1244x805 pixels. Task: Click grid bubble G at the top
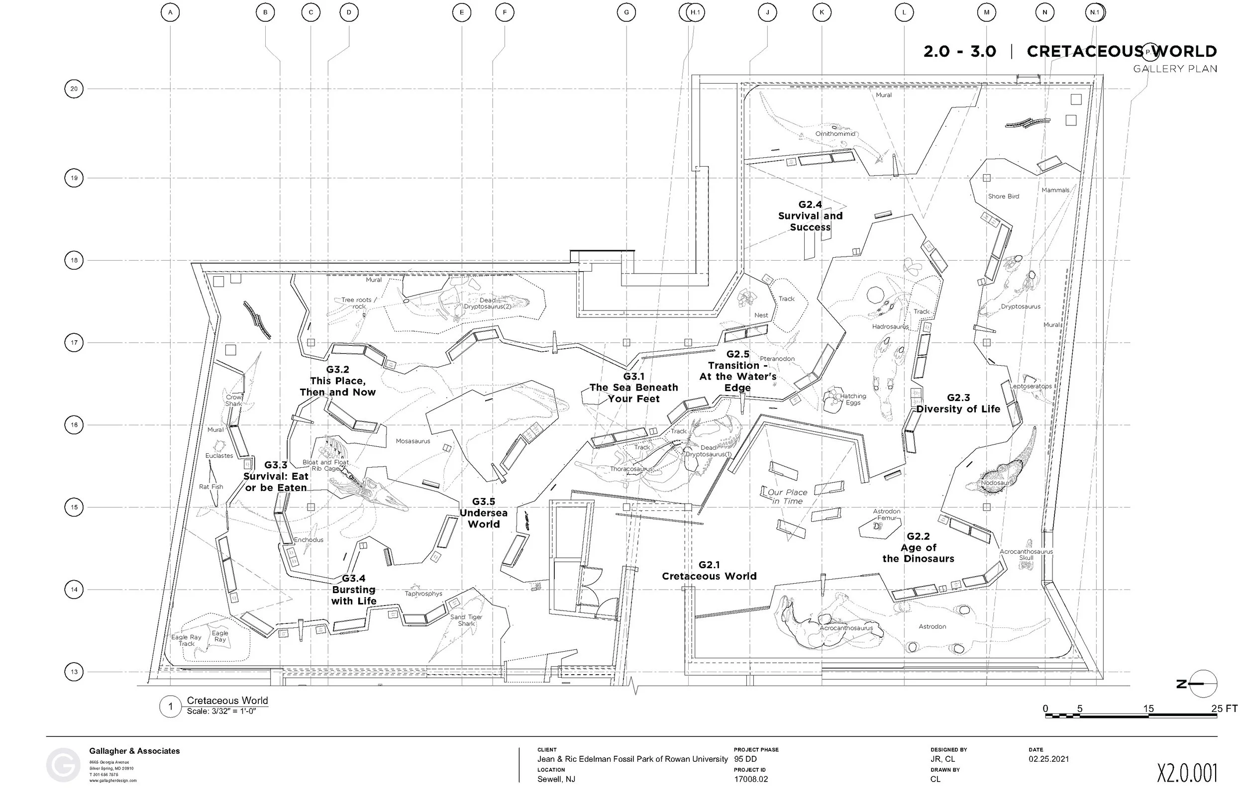[x=626, y=12]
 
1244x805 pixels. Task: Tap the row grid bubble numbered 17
[x=74, y=343]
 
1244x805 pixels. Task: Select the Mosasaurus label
[x=413, y=441]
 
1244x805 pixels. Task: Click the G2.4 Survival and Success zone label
[x=810, y=216]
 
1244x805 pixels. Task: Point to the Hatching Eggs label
[x=852, y=400]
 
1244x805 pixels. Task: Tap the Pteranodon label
[x=777, y=359]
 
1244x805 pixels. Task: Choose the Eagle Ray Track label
[x=187, y=640]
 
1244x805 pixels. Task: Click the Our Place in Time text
[x=787, y=497]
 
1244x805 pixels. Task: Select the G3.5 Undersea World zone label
[x=484, y=513]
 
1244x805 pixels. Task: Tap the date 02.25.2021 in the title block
[x=1049, y=759]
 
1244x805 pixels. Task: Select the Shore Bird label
[x=1004, y=197]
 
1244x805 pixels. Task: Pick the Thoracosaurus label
[x=631, y=469]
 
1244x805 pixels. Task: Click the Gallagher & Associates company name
[x=134, y=751]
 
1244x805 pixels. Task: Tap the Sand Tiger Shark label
[x=466, y=620]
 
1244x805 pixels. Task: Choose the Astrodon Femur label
[x=887, y=514]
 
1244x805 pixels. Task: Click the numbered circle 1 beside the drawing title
[x=170, y=707]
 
